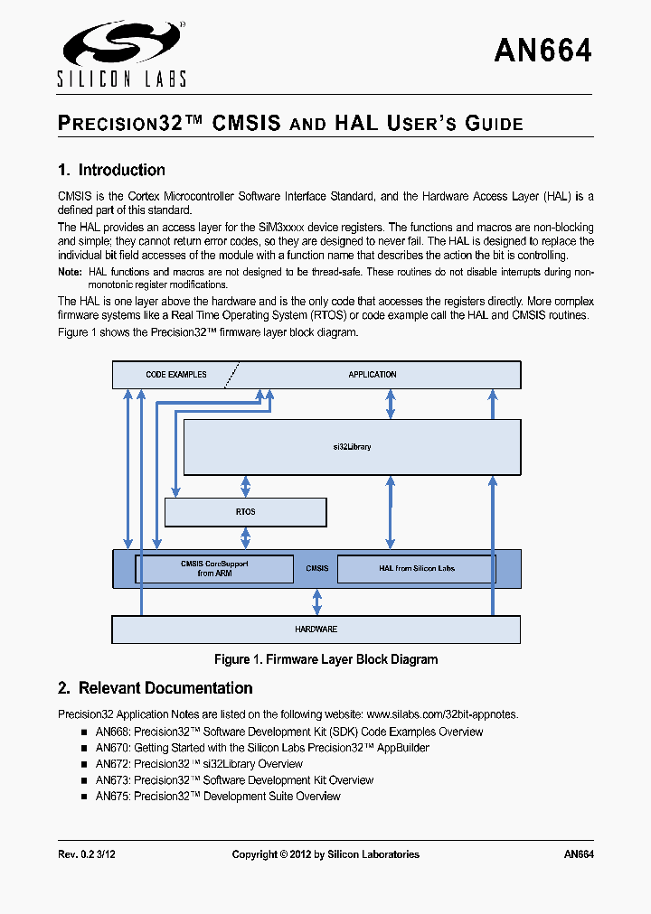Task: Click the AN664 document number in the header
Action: pyautogui.click(x=542, y=51)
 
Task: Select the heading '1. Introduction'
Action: pyautogui.click(x=111, y=170)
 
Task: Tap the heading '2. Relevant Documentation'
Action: pyautogui.click(x=155, y=688)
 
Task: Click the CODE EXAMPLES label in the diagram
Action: pyautogui.click(x=176, y=374)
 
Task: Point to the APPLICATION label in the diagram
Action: pyautogui.click(x=373, y=374)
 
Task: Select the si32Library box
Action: pyautogui.click(x=352, y=447)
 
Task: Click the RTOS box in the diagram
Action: pyautogui.click(x=245, y=512)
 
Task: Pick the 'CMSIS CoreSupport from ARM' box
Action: pyautogui.click(x=214, y=569)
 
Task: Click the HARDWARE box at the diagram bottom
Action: pyautogui.click(x=316, y=629)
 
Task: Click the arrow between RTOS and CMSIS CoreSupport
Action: pyautogui.click(x=245, y=538)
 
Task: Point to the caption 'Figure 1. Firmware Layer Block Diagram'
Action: pyautogui.click(x=325, y=659)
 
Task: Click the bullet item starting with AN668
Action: pyautogui.click(x=289, y=732)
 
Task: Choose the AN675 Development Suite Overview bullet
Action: pyautogui.click(x=218, y=797)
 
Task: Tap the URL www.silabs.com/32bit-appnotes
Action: pyautogui.click(x=442, y=714)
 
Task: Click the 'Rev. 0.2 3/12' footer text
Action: pyautogui.click(x=88, y=854)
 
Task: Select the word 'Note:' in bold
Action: pyautogui.click(x=70, y=272)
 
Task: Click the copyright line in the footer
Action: pyautogui.click(x=325, y=854)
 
